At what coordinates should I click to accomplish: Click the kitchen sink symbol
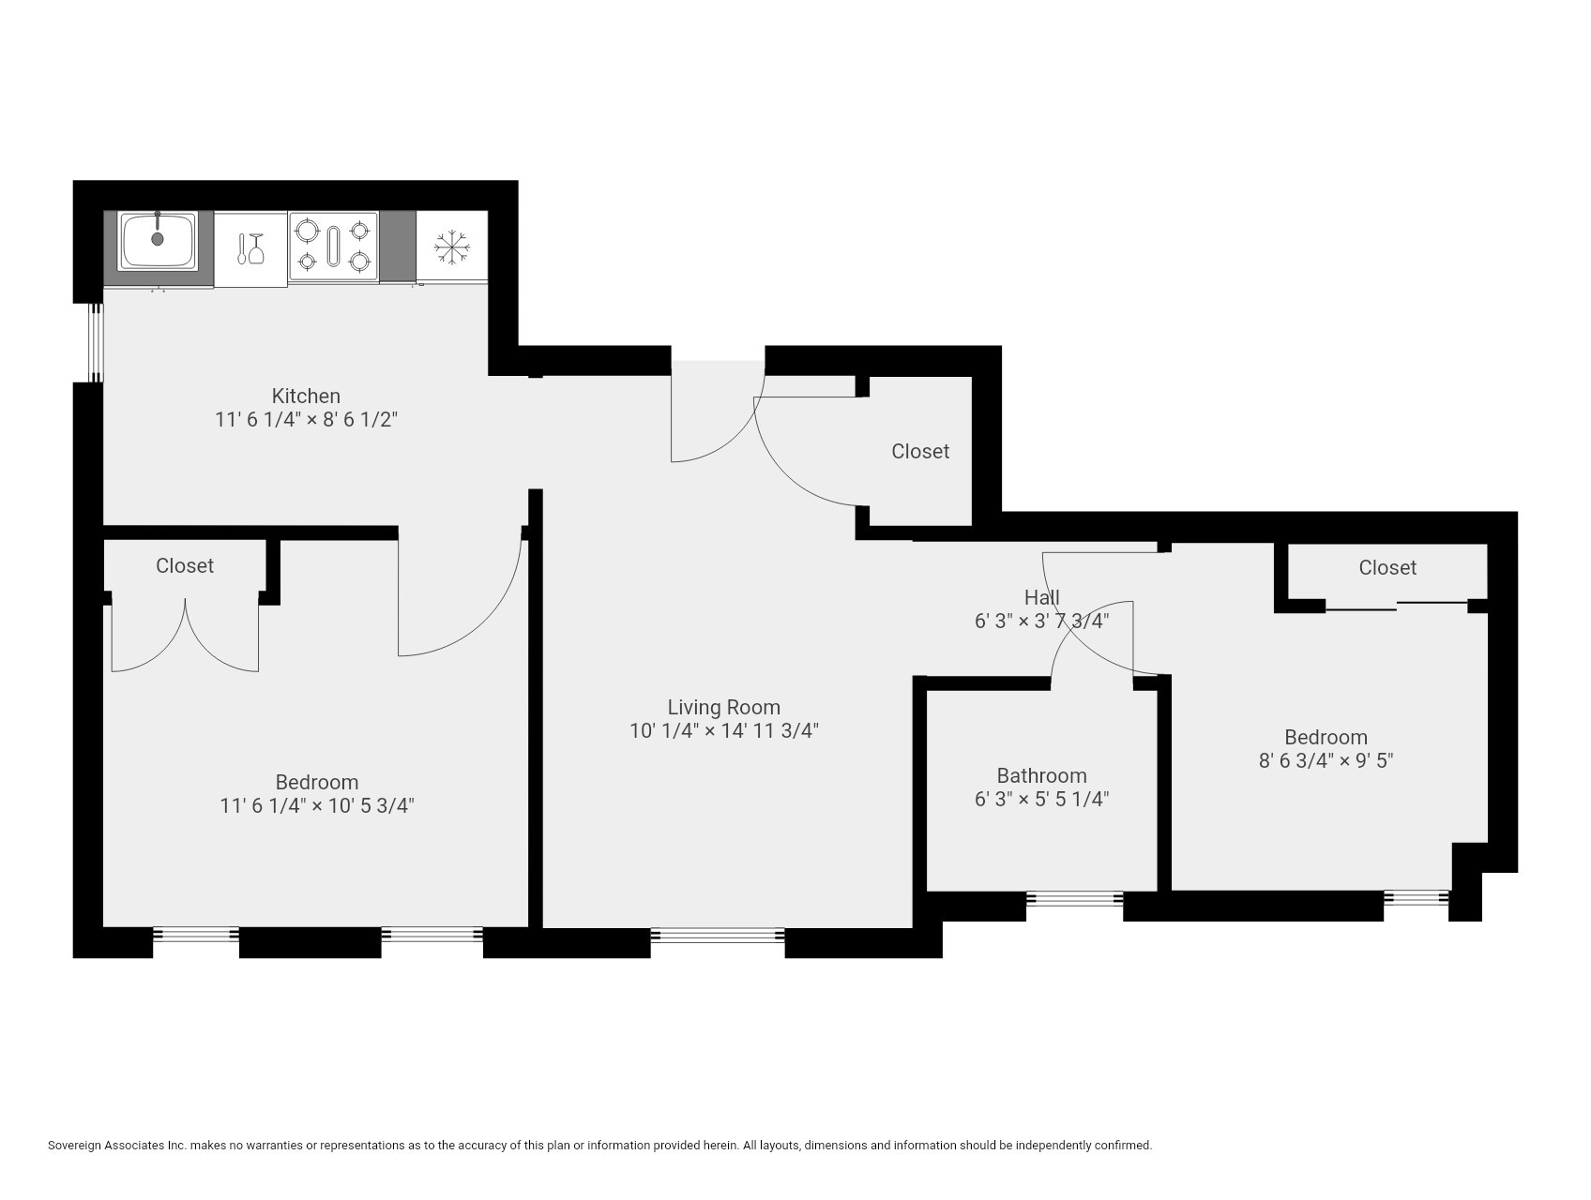158,241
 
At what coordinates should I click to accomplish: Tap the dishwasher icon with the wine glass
250,248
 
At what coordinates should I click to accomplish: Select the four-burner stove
333,246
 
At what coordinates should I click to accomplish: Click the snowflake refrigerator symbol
451,247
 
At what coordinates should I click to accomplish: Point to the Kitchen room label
306,396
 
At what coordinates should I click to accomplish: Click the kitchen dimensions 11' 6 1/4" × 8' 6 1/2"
306,419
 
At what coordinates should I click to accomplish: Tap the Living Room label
723,707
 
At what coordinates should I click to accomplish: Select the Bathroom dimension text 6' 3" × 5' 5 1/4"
1041,799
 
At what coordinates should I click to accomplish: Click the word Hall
1041,597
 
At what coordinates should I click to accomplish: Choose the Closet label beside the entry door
919,451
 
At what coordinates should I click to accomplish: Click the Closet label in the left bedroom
185,565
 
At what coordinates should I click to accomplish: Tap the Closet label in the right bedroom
1386,567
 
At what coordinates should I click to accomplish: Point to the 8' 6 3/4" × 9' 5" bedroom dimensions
1326,760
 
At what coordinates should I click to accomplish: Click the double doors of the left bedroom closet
185,637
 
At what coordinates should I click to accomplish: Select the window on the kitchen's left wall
95,341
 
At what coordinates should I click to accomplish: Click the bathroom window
1074,899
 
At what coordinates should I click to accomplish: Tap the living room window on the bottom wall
718,935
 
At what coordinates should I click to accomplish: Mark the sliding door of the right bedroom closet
1396,607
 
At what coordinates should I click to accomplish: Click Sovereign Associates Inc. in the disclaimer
117,1145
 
